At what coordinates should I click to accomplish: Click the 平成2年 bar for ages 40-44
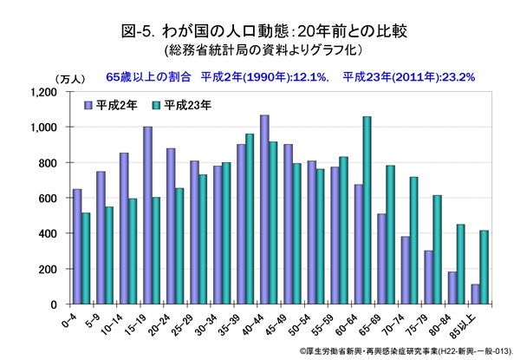(263, 210)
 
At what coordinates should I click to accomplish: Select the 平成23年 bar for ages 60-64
(367, 211)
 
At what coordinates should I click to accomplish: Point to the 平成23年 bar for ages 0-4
(86, 259)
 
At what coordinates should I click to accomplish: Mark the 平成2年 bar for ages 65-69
(380, 259)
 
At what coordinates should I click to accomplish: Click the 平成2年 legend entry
(114, 104)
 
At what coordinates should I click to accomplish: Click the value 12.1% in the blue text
(308, 76)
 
